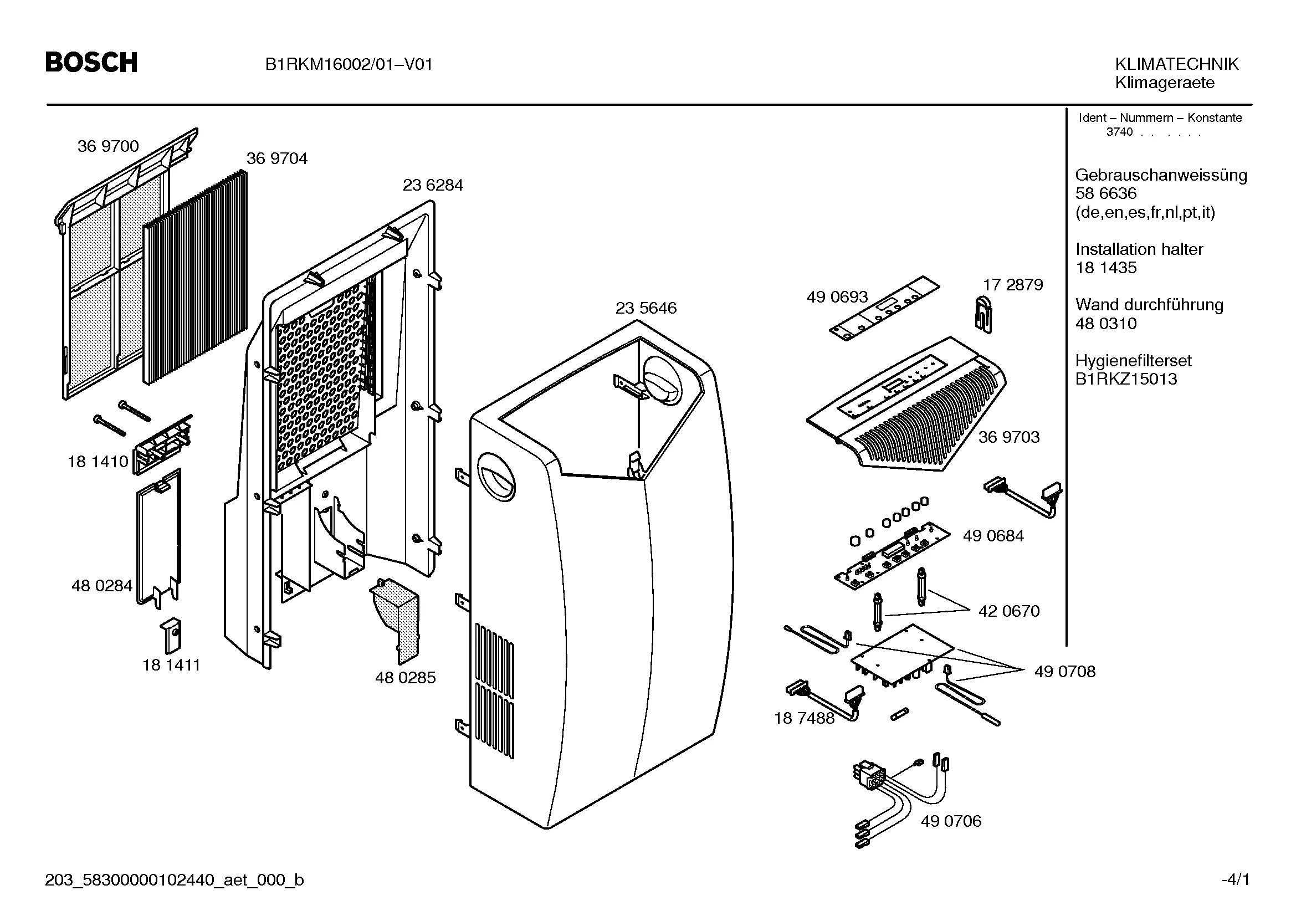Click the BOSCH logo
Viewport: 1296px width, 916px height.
point(91,62)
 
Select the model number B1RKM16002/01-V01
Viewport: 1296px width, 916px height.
point(349,65)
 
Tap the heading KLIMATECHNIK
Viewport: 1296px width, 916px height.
point(1176,64)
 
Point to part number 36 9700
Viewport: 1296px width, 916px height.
point(108,146)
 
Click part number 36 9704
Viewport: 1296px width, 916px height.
point(276,158)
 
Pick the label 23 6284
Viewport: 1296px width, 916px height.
point(432,185)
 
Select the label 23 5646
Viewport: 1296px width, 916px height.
point(646,308)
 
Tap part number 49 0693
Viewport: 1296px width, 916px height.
point(837,297)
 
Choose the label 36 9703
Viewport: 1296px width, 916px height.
point(1008,437)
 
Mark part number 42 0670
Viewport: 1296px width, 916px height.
point(1008,611)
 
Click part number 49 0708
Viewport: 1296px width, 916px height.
point(1064,671)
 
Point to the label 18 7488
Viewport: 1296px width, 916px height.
point(804,718)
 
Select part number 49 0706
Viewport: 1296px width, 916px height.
point(951,821)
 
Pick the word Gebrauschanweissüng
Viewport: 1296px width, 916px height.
point(1161,175)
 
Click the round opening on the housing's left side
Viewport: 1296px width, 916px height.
point(495,478)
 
